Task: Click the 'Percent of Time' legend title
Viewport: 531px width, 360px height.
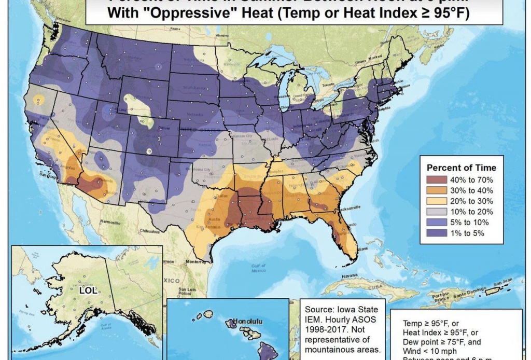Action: tap(461, 168)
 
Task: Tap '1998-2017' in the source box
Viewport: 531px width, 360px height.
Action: tap(325, 329)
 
